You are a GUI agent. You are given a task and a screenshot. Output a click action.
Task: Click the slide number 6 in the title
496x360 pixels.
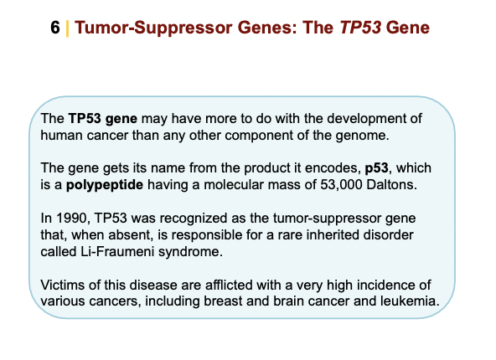click(x=55, y=28)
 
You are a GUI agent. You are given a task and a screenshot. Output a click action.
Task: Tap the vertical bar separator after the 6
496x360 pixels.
click(x=66, y=28)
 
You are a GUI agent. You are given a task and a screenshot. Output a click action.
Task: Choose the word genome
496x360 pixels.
click(x=365, y=135)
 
